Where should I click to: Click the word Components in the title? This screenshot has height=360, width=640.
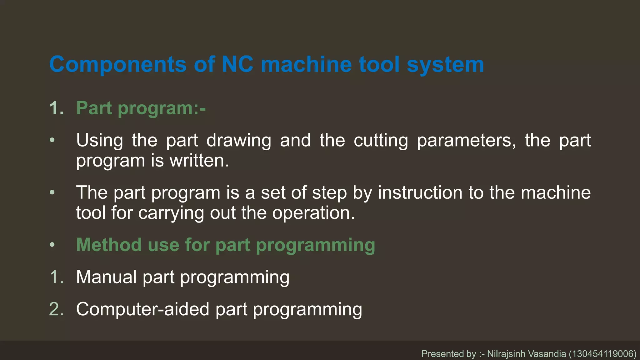(x=118, y=65)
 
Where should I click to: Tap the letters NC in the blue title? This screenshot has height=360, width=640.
(x=237, y=65)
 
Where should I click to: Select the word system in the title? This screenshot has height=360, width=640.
(x=445, y=65)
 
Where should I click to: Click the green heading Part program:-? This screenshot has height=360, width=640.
(x=141, y=108)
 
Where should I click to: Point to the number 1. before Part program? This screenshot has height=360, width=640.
(x=57, y=108)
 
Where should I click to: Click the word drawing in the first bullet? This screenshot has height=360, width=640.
(x=239, y=140)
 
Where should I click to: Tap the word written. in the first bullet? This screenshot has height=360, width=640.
(x=199, y=161)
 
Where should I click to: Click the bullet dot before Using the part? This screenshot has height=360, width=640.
(x=52, y=140)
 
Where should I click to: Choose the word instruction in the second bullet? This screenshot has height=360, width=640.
(x=420, y=192)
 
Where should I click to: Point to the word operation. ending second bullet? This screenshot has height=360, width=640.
(x=313, y=213)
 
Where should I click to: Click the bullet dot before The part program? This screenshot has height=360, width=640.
(x=52, y=192)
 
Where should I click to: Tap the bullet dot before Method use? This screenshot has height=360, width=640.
(x=52, y=245)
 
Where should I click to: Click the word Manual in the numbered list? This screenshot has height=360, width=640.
(x=106, y=277)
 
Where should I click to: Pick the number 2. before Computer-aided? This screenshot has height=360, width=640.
(x=57, y=309)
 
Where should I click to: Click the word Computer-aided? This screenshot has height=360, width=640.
(x=142, y=309)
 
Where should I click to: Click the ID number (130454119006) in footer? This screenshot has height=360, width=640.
(x=602, y=354)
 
